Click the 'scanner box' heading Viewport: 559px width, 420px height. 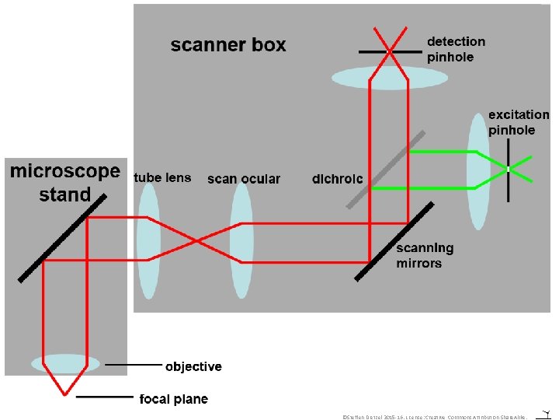click(x=228, y=45)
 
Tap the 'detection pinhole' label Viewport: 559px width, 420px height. click(x=456, y=49)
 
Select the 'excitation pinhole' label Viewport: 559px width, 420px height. click(x=518, y=122)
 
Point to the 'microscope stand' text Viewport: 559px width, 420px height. click(x=65, y=182)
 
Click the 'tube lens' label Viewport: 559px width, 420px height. click(x=162, y=178)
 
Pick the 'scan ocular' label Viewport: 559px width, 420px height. click(x=244, y=179)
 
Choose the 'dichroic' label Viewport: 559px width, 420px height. click(x=337, y=179)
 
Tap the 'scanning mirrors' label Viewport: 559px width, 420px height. click(x=425, y=256)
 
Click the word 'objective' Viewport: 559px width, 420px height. click(x=193, y=366)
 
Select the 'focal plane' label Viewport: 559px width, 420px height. click(x=174, y=399)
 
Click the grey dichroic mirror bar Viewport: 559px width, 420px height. click(x=386, y=169)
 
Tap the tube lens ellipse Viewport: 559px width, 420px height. click(x=148, y=241)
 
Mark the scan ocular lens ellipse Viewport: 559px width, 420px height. click(x=241, y=241)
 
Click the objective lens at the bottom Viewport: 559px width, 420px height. click(x=65, y=363)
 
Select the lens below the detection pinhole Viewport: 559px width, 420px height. click(x=390, y=78)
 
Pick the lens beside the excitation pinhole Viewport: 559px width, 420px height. click(x=479, y=171)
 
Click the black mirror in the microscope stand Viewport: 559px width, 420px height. click(x=62, y=237)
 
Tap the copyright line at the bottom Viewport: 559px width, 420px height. click(x=435, y=417)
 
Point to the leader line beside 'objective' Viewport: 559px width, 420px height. click(x=134, y=365)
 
